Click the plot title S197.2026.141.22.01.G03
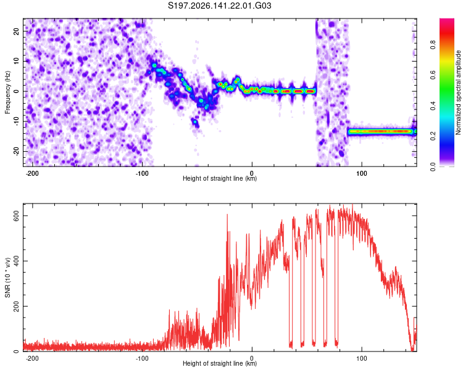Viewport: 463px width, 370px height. pos(219,6)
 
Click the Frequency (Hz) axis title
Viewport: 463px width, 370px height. pos(7,92)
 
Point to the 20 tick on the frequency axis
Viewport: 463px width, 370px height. pos(17,31)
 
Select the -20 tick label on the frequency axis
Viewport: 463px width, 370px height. pos(17,152)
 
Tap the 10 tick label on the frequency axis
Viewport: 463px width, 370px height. pos(17,61)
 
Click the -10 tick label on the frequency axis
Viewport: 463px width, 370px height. pos(17,121)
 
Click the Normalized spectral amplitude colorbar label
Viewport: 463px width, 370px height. pos(458,92)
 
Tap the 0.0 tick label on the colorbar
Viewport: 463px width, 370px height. pos(433,166)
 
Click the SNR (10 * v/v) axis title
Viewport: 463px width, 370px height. pos(7,277)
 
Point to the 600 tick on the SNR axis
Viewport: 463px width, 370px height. pos(17,216)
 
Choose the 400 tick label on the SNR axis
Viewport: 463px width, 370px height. pos(17,261)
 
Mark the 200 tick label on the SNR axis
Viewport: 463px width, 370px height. pos(17,306)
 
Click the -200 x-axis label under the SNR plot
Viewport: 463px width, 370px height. pos(32,358)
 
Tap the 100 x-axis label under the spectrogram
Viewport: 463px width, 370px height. pos(361,173)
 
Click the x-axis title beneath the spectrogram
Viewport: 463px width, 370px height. pos(220,178)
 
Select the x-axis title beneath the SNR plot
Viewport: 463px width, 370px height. pos(220,363)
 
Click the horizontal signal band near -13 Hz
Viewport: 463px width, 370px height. pos(382,131)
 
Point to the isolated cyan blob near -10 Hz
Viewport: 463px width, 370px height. pos(195,121)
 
